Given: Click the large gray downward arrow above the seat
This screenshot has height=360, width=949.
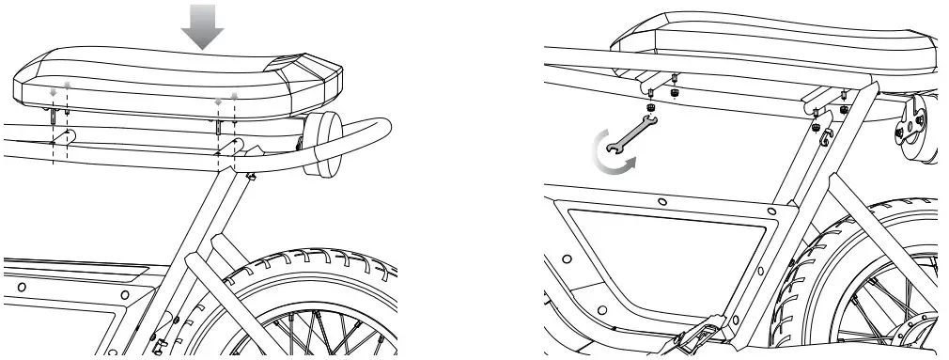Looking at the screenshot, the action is [x=203, y=30].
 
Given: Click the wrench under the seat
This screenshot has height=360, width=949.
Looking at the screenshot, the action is [x=629, y=131].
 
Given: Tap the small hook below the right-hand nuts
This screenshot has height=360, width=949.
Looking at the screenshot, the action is [x=828, y=138].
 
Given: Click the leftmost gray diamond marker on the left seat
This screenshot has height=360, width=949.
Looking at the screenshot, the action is [x=54, y=92].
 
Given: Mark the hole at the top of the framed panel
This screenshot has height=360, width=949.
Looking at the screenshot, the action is [x=662, y=201].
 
